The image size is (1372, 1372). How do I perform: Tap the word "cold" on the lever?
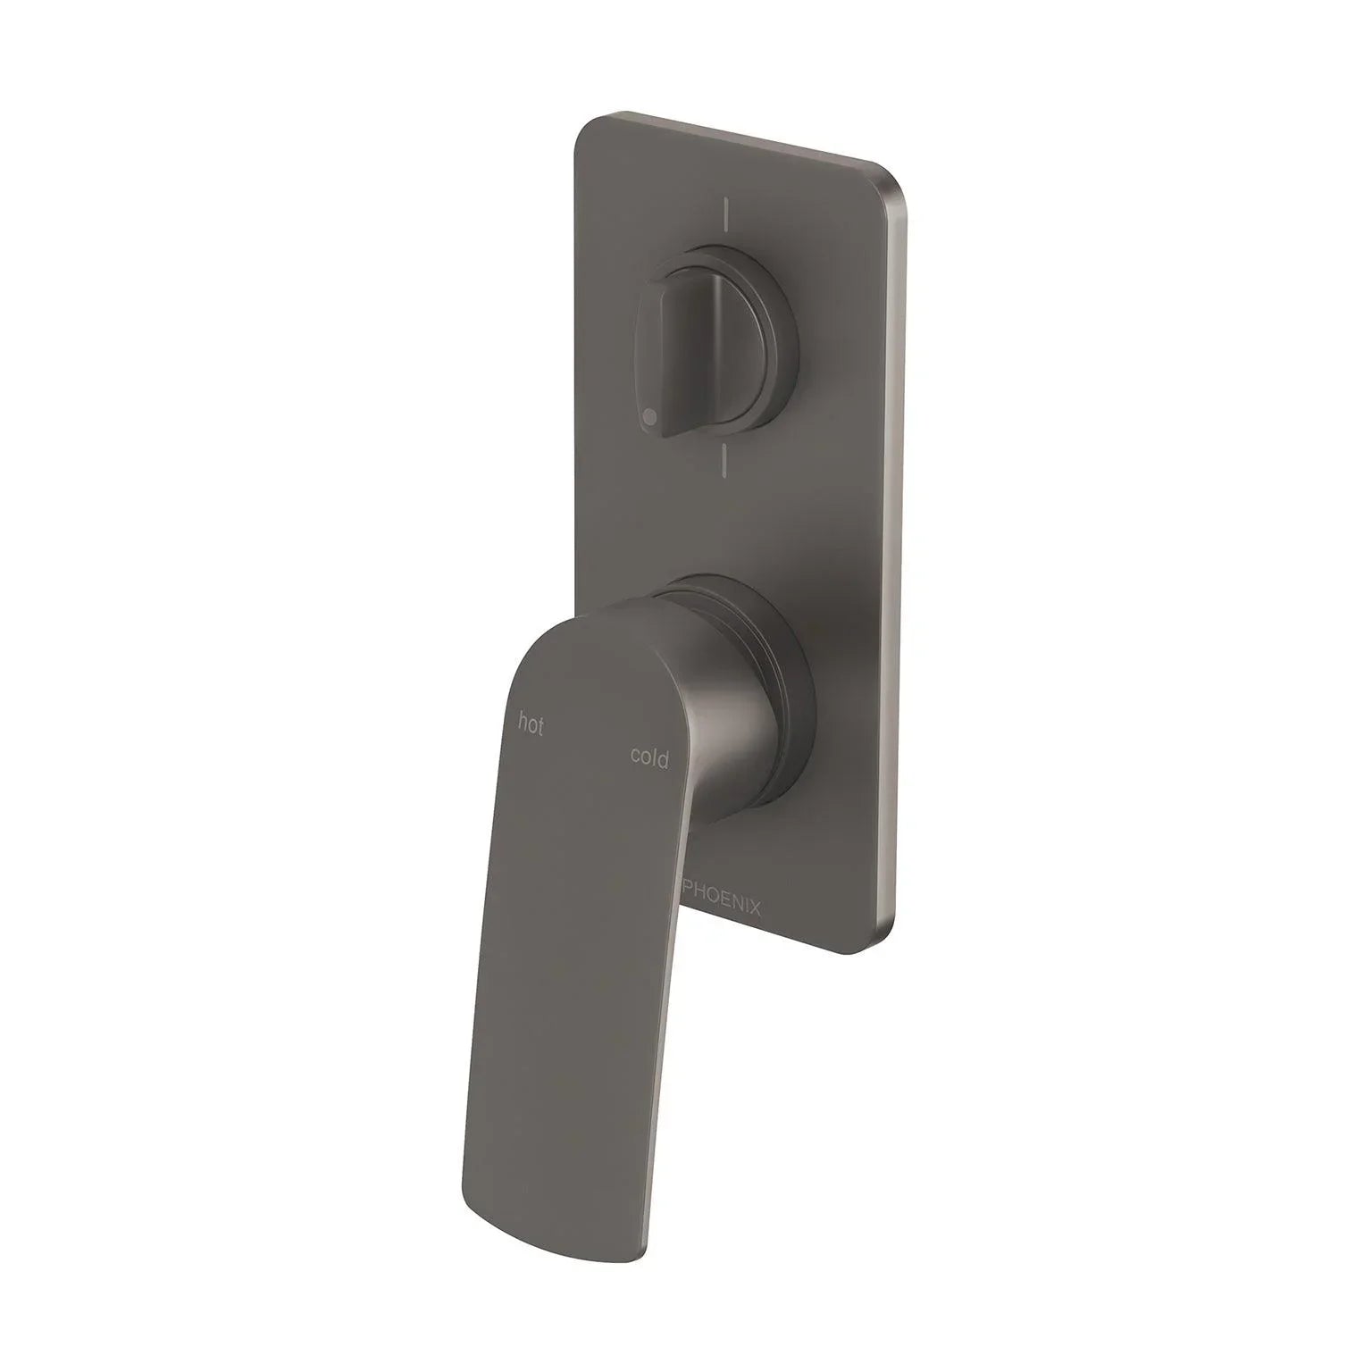pyautogui.click(x=649, y=757)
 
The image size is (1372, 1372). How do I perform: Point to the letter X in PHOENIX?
pyautogui.click(x=755, y=910)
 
